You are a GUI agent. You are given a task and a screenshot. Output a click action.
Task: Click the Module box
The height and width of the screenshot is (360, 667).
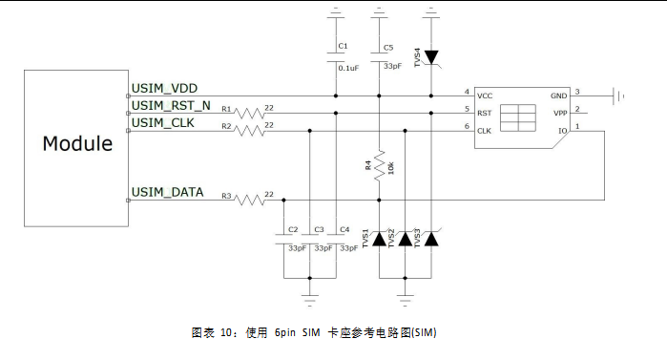(77, 146)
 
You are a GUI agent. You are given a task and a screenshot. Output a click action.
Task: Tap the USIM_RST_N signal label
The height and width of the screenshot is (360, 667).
(170, 105)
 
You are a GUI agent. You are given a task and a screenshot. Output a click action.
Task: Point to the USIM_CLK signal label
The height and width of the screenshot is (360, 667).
(161, 121)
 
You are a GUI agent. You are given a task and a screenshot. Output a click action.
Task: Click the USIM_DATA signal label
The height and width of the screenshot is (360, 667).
(166, 193)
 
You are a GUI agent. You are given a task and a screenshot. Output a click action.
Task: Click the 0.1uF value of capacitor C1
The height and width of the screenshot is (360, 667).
(347, 67)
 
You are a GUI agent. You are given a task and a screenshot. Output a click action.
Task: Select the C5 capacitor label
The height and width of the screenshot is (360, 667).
(387, 48)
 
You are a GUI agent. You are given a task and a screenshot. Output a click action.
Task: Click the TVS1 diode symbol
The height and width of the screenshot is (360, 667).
(380, 240)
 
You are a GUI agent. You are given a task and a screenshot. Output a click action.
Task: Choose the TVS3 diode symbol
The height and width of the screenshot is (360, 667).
(431, 240)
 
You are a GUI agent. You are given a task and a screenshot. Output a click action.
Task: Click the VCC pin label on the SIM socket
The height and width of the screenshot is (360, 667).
(485, 95)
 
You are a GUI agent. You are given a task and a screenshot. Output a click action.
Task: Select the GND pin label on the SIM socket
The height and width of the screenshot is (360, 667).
(558, 95)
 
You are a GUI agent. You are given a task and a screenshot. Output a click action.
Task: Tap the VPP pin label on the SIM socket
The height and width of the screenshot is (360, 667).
(559, 112)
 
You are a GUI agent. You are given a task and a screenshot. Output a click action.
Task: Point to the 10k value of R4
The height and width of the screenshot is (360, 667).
(390, 167)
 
